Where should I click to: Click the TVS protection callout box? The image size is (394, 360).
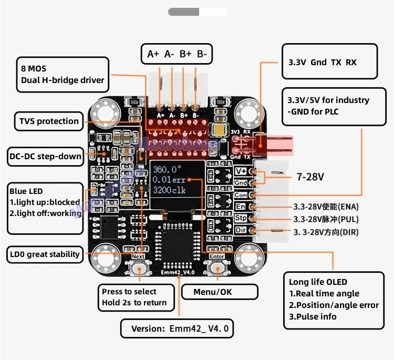(49, 121)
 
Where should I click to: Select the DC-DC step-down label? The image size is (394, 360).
(46, 156)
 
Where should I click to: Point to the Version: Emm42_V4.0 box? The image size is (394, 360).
(178, 328)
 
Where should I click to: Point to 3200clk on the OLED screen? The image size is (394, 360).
(170, 191)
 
